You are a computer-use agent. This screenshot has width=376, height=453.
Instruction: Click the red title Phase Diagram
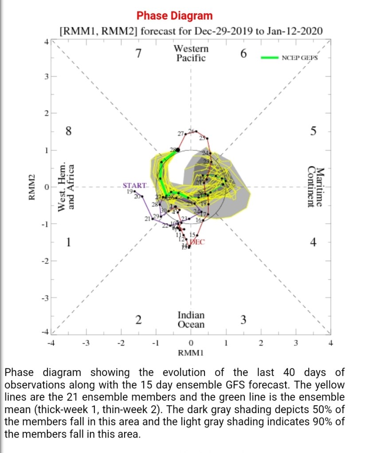[x=175, y=16]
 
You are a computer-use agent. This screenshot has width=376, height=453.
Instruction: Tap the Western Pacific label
[x=191, y=53]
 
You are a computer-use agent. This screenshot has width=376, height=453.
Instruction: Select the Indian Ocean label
[x=191, y=320]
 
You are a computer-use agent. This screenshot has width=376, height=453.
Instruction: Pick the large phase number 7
[x=139, y=54]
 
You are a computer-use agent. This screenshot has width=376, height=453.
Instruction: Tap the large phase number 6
[x=243, y=54]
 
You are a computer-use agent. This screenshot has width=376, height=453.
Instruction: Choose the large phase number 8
[x=68, y=132]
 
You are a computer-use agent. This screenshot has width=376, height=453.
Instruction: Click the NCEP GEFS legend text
[x=300, y=58]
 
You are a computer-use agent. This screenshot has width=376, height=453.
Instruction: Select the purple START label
[x=134, y=186]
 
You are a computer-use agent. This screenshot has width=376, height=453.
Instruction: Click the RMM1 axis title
[x=190, y=353]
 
